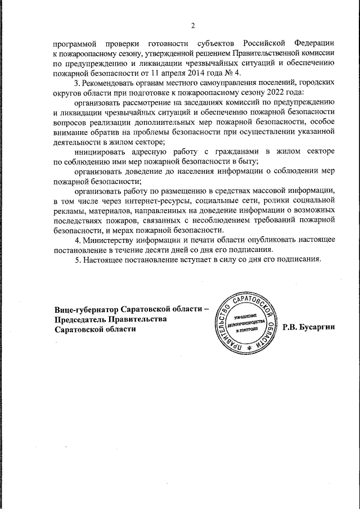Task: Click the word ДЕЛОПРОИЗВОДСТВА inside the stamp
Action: pyautogui.click(x=250, y=324)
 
